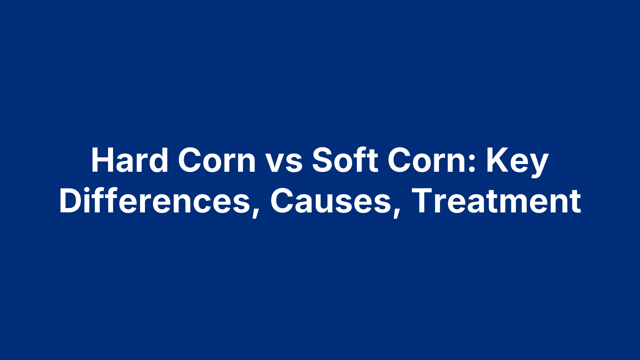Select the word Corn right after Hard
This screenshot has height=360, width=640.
coord(217,160)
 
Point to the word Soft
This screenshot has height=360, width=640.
coord(345,160)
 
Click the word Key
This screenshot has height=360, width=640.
coord(517,162)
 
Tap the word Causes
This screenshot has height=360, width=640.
coord(330,201)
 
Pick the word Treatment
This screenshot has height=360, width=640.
coord(496,201)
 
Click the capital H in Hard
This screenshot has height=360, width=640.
coord(101,160)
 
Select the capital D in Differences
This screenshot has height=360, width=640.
coord(71,201)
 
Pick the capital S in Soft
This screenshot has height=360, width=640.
coord(323,160)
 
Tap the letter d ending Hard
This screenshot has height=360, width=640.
coord(159,161)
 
